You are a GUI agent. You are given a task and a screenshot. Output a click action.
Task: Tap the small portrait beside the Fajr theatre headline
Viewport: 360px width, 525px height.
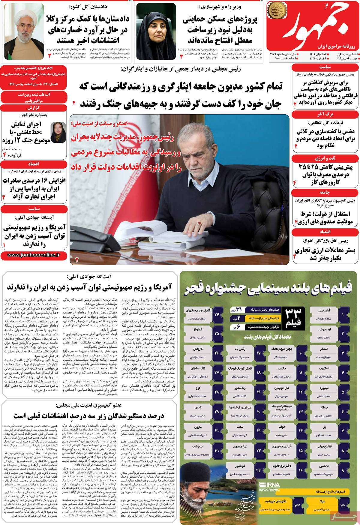[x=56, y=132]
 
